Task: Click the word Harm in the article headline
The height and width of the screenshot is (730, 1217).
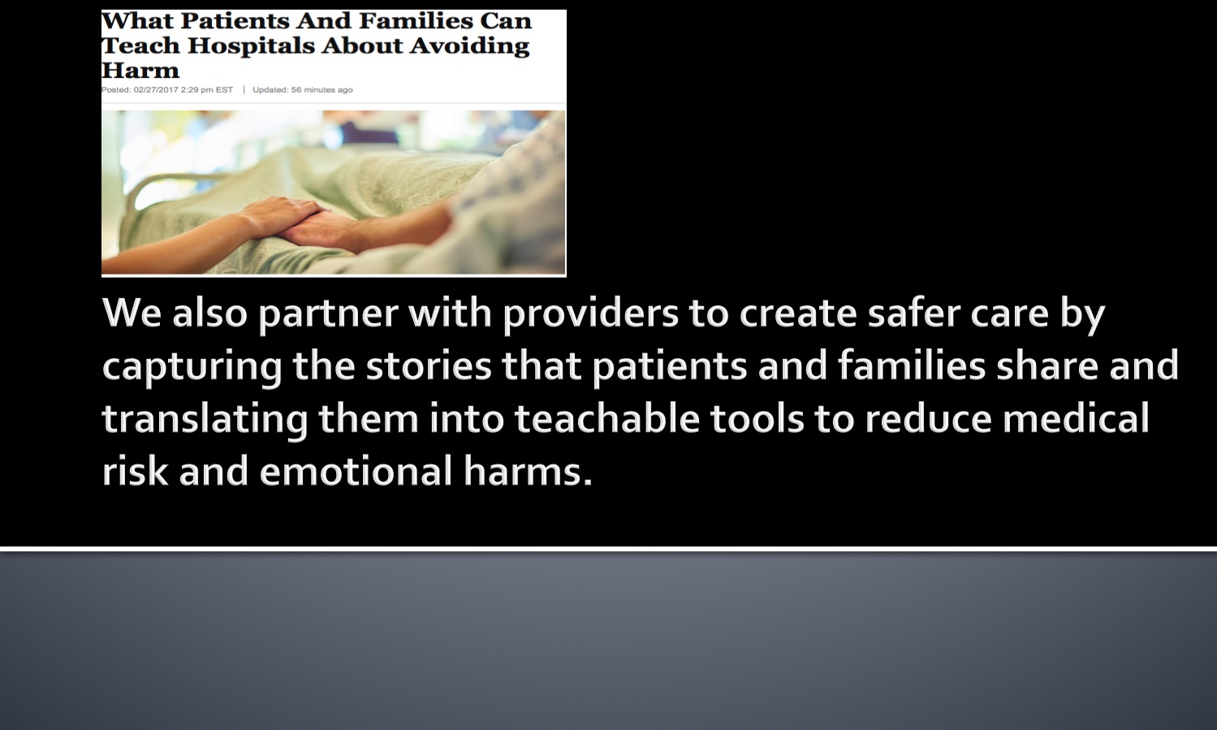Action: [140, 71]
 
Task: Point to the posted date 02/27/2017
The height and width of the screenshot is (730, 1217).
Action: [156, 89]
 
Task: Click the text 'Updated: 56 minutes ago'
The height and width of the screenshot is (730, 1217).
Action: [303, 89]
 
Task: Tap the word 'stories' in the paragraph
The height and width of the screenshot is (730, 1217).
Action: [429, 366]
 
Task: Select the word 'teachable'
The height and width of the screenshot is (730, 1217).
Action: [606, 418]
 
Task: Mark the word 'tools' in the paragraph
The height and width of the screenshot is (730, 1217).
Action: [757, 418]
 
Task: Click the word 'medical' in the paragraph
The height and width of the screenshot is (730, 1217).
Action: [1076, 418]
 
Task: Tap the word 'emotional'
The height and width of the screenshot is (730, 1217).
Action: [356, 471]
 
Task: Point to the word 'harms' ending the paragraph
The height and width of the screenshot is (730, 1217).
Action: [527, 471]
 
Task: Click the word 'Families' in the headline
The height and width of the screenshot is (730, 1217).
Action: [416, 21]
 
